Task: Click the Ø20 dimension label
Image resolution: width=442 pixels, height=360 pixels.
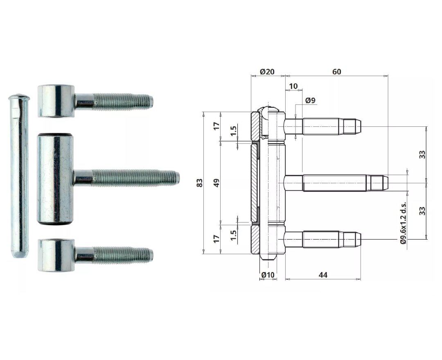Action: (x=267, y=72)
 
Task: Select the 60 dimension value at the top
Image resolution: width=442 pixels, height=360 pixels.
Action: (x=336, y=72)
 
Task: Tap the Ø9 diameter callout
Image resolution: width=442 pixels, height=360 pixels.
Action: (x=311, y=101)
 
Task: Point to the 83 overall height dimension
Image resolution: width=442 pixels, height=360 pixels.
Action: (x=200, y=183)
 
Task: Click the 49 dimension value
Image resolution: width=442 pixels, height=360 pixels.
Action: (x=217, y=183)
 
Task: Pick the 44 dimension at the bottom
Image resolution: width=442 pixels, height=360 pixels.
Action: (x=323, y=275)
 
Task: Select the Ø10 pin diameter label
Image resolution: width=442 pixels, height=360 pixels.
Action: (x=267, y=275)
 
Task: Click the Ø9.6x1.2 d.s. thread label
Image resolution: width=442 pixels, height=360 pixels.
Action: (x=404, y=223)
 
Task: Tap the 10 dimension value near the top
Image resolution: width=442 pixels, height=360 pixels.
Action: (x=293, y=86)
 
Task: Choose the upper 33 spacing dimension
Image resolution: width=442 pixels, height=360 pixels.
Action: (x=422, y=154)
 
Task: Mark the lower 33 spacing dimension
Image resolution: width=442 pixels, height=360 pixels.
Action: (x=422, y=211)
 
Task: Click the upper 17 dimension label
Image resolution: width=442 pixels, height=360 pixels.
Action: (x=217, y=126)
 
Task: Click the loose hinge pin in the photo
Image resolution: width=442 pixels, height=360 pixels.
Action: (x=19, y=176)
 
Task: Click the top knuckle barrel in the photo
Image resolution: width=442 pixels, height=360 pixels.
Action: (x=56, y=101)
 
